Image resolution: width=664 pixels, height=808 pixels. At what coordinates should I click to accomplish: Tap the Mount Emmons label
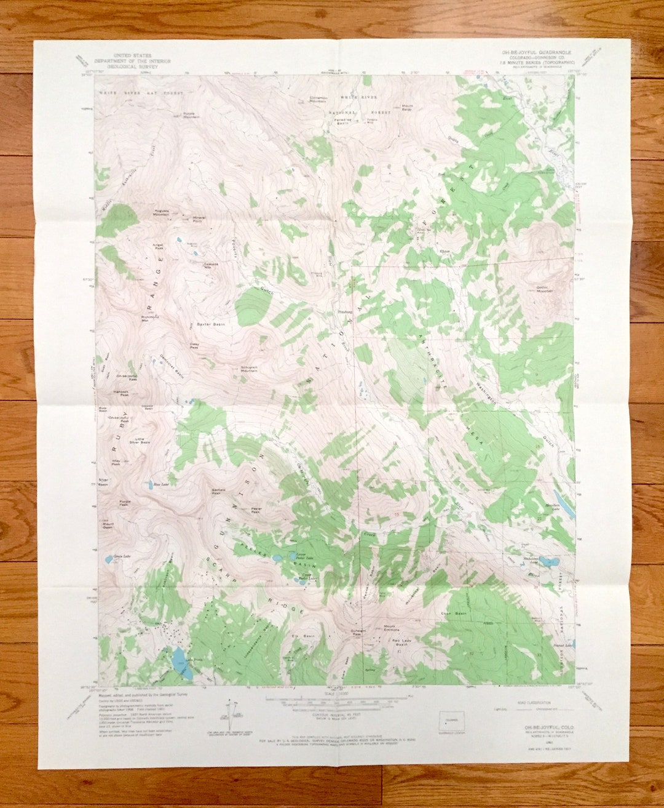pos(390,628)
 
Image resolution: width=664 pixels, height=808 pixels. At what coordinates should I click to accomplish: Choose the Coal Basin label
pos(454,614)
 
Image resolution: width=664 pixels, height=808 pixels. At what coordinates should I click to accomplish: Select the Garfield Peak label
pos(218,491)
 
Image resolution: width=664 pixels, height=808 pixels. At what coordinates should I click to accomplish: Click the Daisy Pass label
pos(194,346)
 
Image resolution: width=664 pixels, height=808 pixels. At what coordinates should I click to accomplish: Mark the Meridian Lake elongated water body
pos(564,503)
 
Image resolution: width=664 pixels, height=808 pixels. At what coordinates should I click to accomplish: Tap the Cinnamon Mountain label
pos(318,100)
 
